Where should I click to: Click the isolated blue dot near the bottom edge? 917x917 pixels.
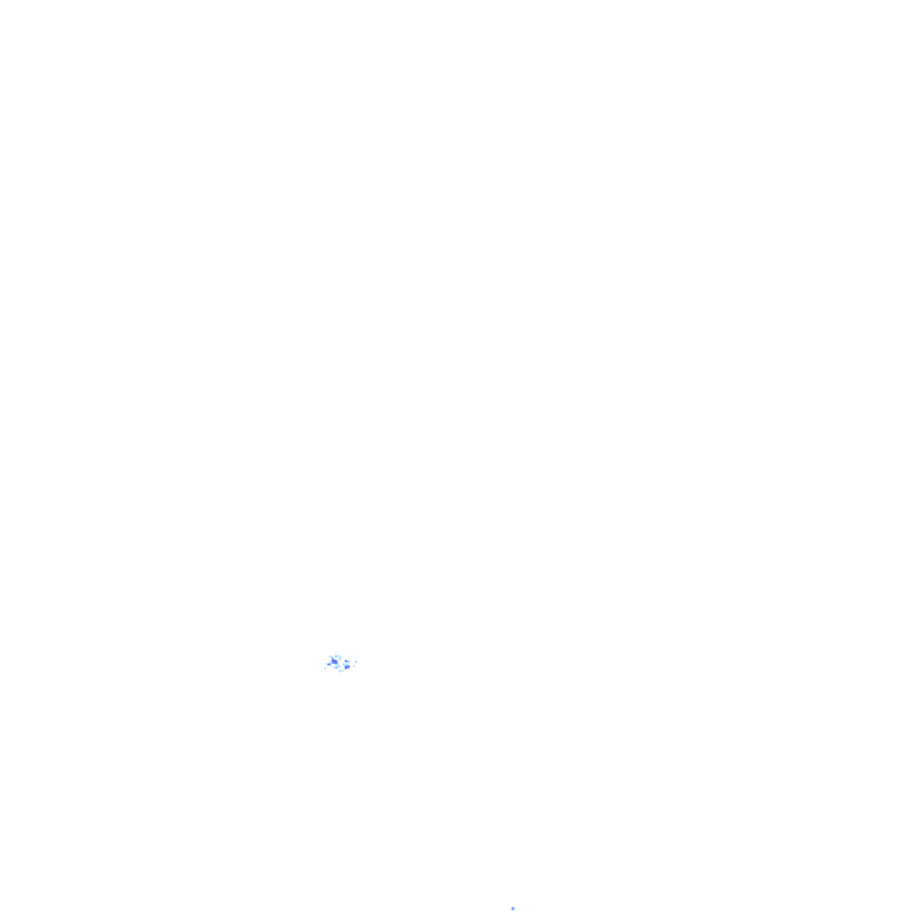coord(513,908)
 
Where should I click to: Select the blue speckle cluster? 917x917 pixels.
coord(340,663)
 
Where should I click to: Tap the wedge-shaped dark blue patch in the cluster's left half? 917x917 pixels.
coord(334,662)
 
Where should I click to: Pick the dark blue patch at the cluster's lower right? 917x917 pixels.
coord(347,667)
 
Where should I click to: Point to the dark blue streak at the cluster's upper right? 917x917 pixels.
coord(346,661)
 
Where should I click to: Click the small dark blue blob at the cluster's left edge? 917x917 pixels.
coord(329,664)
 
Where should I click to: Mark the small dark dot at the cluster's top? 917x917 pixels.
coord(336,656)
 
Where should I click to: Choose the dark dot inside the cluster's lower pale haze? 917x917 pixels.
coord(336,667)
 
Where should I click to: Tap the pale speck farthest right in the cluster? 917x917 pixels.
coord(356,662)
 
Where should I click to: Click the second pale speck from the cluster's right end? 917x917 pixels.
coord(354,665)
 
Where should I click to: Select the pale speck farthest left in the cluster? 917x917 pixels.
coord(325,668)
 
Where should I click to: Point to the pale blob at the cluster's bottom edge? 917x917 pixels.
coord(339,672)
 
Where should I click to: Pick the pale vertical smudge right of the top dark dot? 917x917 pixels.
coord(340,657)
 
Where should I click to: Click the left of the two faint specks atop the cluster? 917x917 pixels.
coord(335,653)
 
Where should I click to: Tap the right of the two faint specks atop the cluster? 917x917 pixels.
coord(338,653)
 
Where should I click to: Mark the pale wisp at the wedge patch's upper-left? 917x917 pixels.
coord(330,656)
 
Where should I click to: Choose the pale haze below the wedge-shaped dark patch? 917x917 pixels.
coord(339,665)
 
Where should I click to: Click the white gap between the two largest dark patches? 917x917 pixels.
coord(341,664)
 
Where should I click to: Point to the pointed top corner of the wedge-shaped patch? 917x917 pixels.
coord(332,658)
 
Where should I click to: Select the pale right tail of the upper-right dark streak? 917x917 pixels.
coord(349,662)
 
